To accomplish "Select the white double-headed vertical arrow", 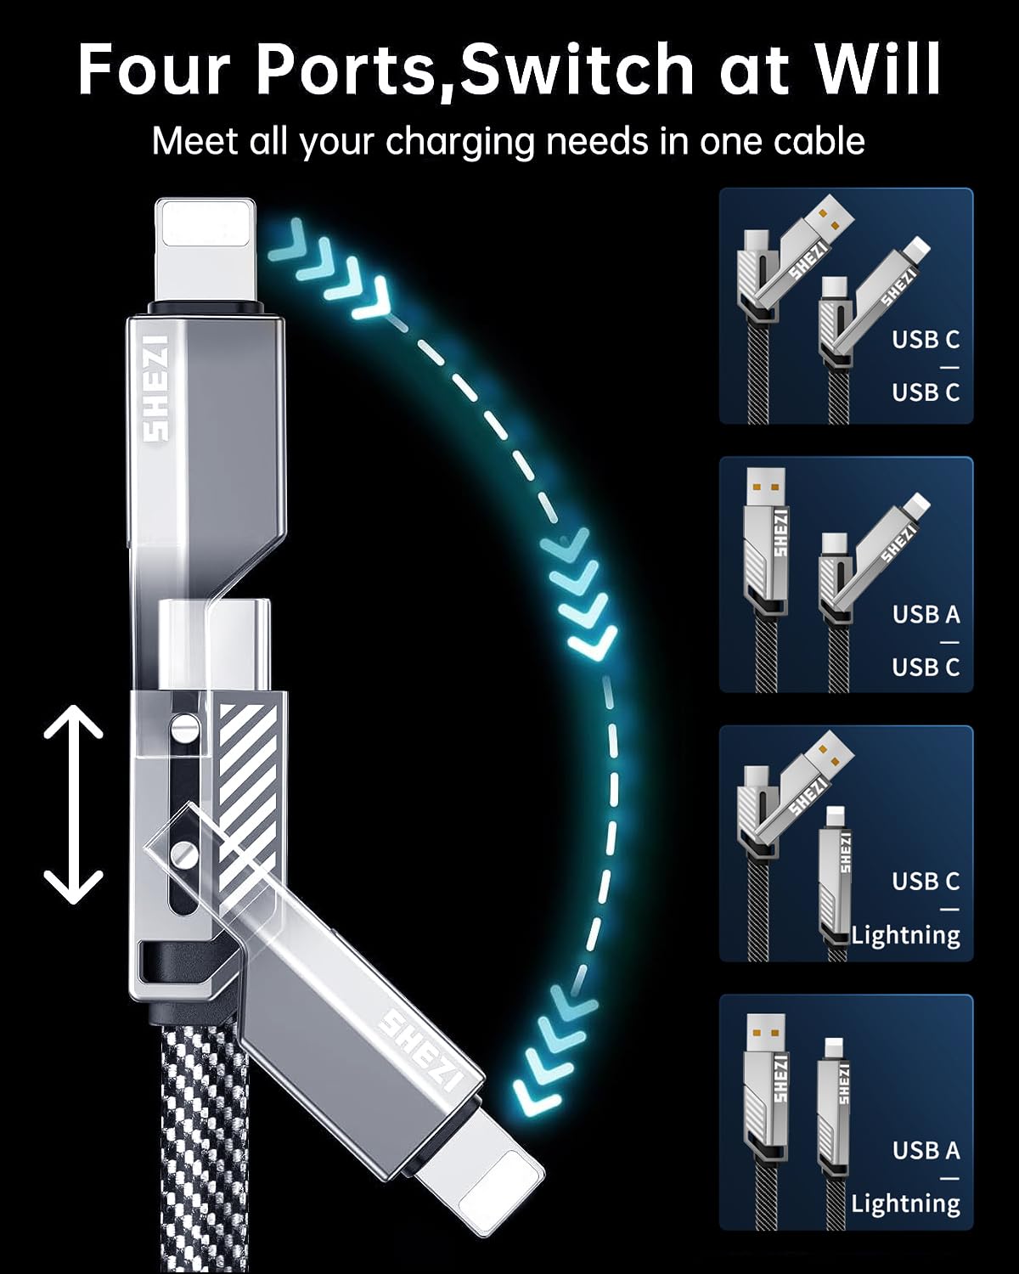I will tap(74, 804).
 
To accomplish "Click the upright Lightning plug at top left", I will tap(205, 252).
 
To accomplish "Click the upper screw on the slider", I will tap(184, 728).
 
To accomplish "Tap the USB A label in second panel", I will tap(926, 614).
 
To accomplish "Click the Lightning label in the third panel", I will tap(905, 934).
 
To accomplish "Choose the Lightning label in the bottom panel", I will tap(905, 1203).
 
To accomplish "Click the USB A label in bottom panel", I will tap(926, 1150).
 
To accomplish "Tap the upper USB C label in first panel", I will tap(926, 339).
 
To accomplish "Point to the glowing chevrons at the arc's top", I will tap(331, 272).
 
